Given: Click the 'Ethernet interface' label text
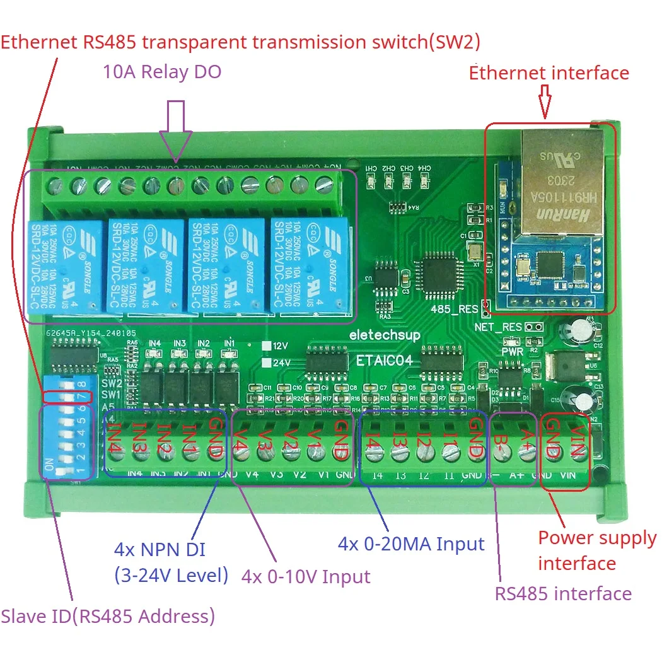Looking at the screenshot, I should coord(549,73).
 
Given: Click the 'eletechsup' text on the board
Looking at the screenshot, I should coord(385,335).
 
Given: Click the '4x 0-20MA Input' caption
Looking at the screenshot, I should coord(411,544).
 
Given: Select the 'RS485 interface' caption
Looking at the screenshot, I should coord(563,593).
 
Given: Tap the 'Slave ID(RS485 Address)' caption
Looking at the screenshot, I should coord(108,616).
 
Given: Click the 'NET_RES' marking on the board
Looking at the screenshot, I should coord(499,327).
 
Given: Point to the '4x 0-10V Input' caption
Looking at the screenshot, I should coord(306,576).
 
